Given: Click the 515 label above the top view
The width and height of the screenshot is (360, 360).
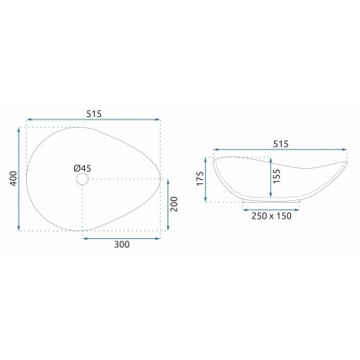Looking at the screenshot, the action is click(94, 114).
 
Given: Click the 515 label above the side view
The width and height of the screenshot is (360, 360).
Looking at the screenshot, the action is click(281, 144).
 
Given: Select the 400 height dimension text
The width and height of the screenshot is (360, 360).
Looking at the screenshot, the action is click(13, 178).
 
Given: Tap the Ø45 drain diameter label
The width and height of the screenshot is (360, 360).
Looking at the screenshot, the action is click(82, 168).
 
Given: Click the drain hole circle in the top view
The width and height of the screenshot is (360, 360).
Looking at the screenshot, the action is click(82, 179).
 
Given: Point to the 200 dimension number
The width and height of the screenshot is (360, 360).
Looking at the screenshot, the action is click(174, 204).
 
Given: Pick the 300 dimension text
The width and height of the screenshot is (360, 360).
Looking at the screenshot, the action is click(122, 245).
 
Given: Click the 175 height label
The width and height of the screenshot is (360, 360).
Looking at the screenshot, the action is click(200, 178).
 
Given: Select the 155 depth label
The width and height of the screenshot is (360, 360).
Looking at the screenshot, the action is click(277, 176).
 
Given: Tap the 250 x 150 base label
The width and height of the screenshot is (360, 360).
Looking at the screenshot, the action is click(272, 216).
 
